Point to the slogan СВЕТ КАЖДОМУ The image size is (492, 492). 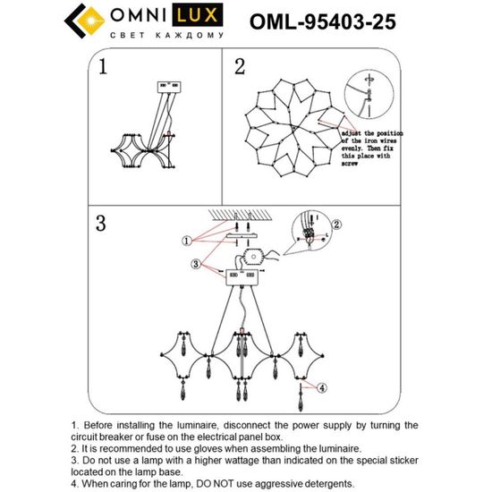pos(165,35)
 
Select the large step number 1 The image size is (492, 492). pos(104,67)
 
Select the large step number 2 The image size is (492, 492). pos(239,67)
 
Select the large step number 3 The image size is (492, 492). pos(103,223)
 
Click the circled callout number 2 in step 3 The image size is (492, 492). pos(337,225)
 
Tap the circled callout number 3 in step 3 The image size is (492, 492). pos(196,264)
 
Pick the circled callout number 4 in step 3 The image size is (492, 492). pos(325,386)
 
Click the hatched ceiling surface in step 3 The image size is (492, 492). pos(241,213)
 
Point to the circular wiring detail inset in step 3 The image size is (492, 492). pos(313,238)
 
